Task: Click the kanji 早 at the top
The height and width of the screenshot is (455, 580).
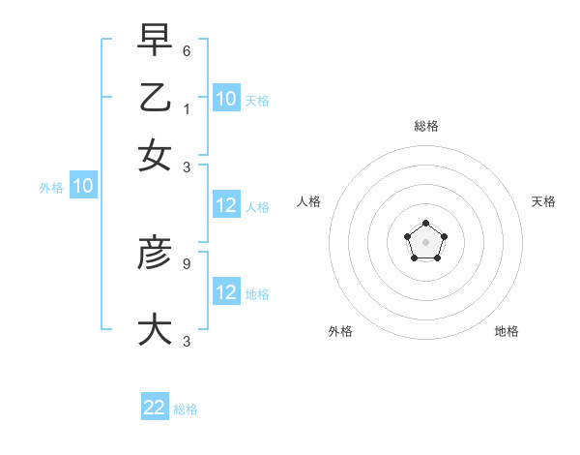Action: tap(155, 42)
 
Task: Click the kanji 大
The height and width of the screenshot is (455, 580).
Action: tap(155, 328)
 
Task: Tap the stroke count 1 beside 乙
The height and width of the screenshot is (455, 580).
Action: tap(186, 109)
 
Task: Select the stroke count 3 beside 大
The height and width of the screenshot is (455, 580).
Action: tap(186, 342)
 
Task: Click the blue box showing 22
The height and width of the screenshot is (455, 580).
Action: tap(155, 408)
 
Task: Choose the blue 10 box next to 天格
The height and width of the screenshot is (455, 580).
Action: tap(226, 98)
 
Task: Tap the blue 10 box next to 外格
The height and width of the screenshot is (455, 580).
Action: tap(83, 187)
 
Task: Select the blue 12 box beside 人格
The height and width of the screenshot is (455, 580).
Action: tap(226, 205)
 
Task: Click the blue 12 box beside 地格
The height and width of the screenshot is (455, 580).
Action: tap(226, 292)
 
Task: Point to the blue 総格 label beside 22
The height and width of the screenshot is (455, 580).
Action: tap(186, 409)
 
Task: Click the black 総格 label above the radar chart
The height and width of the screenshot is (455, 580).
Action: tap(425, 126)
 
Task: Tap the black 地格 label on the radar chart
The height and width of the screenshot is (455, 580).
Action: tap(507, 331)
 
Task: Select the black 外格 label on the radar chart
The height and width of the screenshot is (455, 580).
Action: tap(340, 331)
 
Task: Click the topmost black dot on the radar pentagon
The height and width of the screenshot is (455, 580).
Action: tap(425, 224)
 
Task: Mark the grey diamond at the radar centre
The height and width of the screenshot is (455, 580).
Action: tap(425, 242)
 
